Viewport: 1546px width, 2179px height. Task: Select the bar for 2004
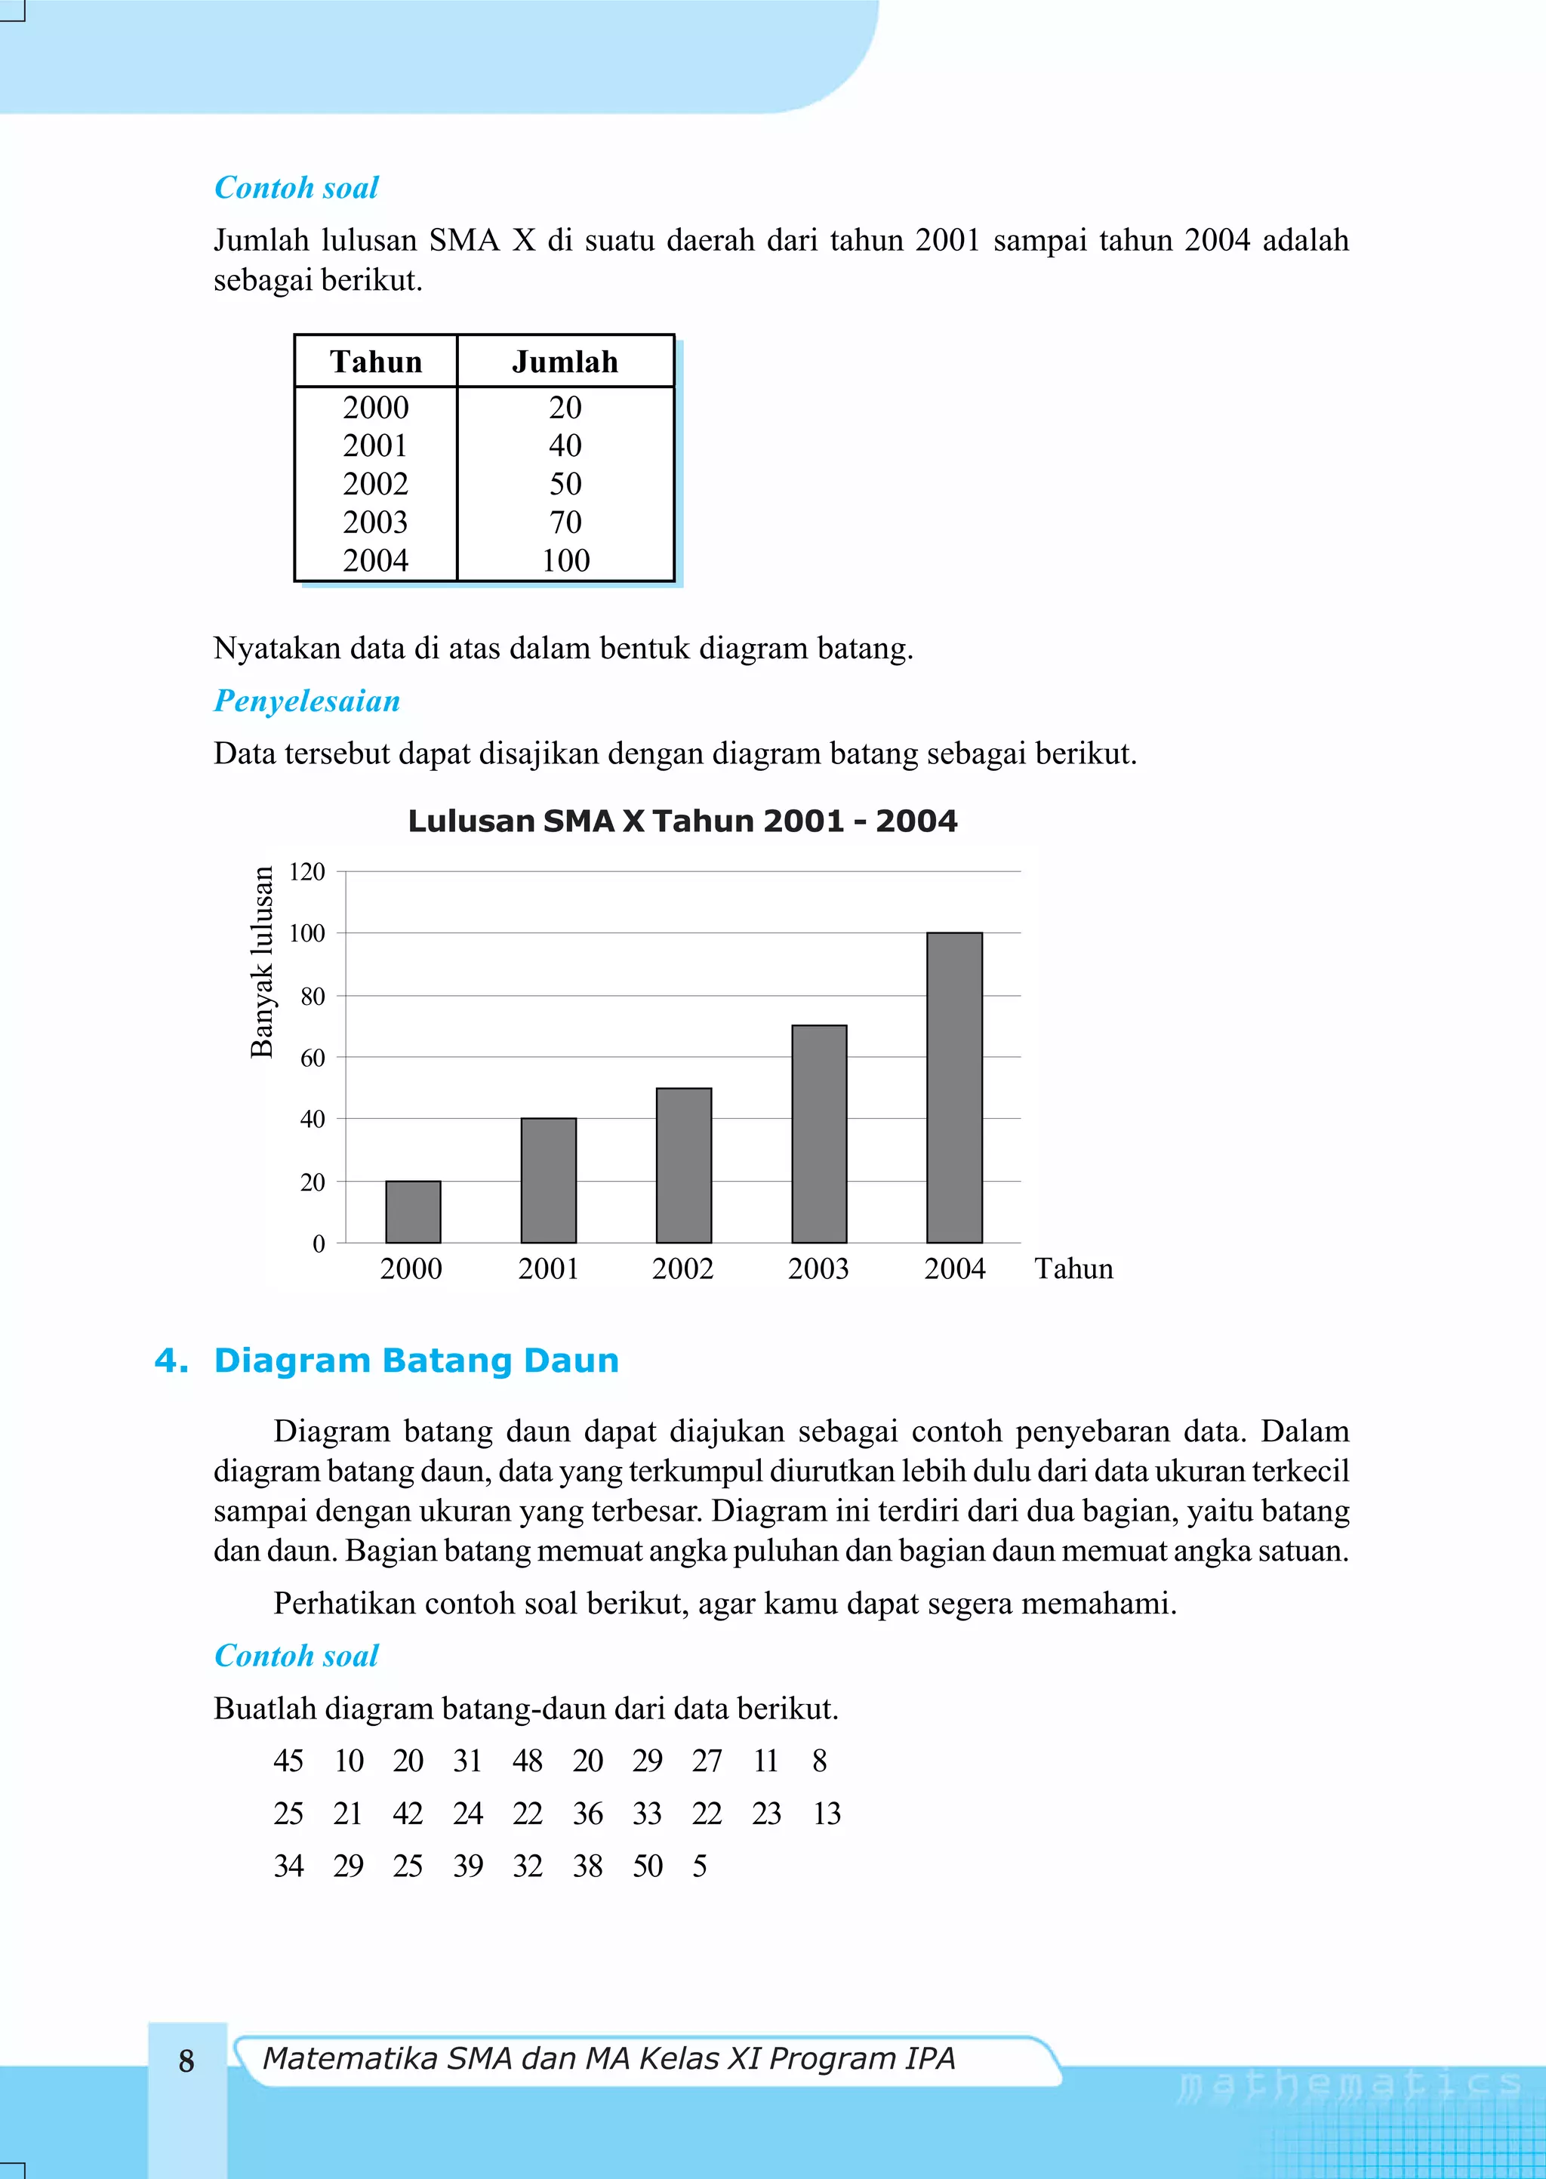pyautogui.click(x=954, y=1087)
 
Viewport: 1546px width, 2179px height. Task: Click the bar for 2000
pyautogui.click(x=413, y=1211)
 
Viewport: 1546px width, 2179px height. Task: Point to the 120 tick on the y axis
pyautogui.click(x=307, y=872)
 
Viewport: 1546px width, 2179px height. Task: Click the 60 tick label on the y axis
pyautogui.click(x=313, y=1058)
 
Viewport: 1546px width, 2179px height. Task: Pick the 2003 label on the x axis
pyautogui.click(x=818, y=1269)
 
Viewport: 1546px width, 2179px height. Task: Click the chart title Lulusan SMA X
pyautogui.click(x=682, y=821)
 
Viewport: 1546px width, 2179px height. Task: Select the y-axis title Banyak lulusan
pyautogui.click(x=262, y=961)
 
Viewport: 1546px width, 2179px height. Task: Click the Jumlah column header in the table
pyautogui.click(x=565, y=362)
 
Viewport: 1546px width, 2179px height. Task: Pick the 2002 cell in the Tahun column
pyautogui.click(x=375, y=483)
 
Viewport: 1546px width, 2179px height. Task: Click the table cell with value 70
pyautogui.click(x=565, y=522)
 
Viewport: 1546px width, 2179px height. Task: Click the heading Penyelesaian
pyautogui.click(x=306, y=701)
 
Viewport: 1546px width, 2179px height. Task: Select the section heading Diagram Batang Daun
pyautogui.click(x=416, y=1361)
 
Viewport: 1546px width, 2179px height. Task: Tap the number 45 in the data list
pyautogui.click(x=288, y=1761)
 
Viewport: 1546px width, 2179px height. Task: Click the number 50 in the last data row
pyautogui.click(x=648, y=1866)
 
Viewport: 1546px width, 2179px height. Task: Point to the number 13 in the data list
pyautogui.click(x=827, y=1814)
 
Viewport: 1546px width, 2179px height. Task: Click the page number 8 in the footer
pyautogui.click(x=186, y=2061)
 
